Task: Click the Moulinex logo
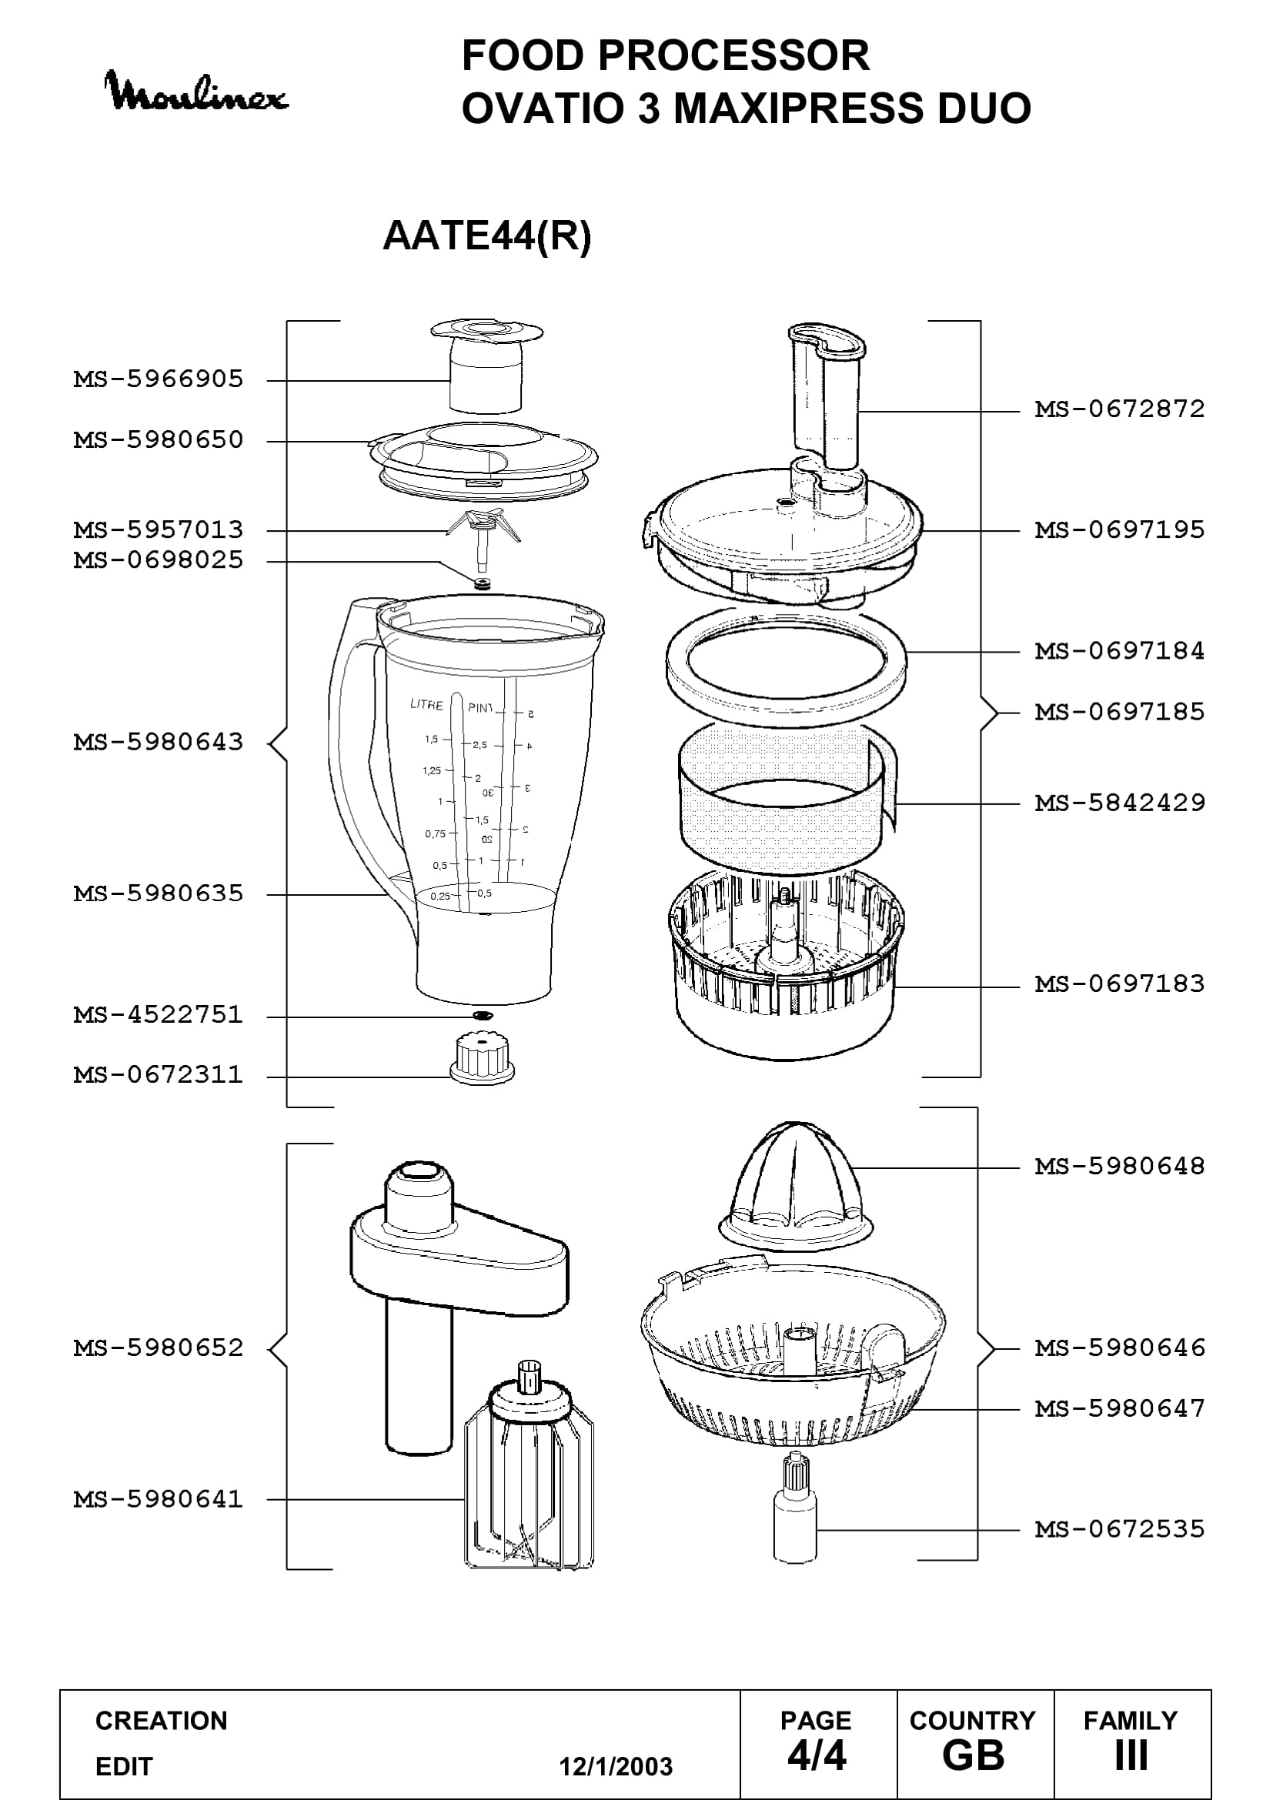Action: [196, 92]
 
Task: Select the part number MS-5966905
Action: [159, 379]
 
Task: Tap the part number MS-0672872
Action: [1119, 409]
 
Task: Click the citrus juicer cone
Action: [795, 1183]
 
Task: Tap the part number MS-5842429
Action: [1119, 803]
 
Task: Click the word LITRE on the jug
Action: [426, 705]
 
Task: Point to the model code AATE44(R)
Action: [486, 235]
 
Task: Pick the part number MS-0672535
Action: [1119, 1529]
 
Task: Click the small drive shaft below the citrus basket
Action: [795, 1507]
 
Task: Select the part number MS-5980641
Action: [159, 1500]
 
